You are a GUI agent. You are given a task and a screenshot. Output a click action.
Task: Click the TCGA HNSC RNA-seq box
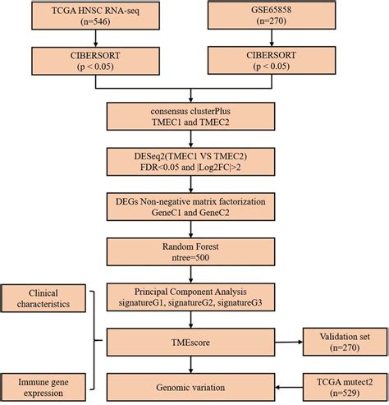pos(95,16)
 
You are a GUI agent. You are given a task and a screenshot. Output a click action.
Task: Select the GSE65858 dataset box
pos(272,15)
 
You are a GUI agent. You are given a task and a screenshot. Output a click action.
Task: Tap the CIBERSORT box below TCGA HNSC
pos(95,61)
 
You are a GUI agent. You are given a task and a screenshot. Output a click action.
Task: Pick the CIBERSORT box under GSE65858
pos(272,60)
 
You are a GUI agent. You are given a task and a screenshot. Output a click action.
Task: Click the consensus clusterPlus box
pos(190,117)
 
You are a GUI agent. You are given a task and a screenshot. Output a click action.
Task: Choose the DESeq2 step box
pos(190,162)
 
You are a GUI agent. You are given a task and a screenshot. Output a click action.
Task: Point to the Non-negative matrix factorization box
pos(190,207)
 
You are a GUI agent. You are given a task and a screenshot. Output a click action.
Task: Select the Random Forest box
pos(190,252)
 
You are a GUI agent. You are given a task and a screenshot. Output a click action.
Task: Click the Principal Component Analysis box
pos(190,297)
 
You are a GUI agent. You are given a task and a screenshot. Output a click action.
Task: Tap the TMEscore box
pos(190,343)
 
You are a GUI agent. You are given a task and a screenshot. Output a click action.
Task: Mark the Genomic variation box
pos(190,388)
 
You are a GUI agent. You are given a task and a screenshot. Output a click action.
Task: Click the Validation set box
pos(345,342)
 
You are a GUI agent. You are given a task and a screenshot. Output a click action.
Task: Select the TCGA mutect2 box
pos(345,387)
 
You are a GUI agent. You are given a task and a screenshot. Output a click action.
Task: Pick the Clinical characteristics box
pos(43,298)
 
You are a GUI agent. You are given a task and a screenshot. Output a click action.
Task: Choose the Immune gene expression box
pos(43,388)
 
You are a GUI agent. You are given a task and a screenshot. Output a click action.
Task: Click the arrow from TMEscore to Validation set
pos(289,342)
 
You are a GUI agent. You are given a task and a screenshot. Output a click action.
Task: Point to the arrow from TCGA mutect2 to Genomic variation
pos(289,388)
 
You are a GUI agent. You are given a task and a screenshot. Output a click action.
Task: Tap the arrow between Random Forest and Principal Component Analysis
pos(190,274)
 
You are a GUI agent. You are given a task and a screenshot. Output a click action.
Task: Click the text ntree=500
pos(190,258)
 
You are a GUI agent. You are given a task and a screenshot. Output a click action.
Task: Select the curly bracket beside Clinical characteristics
pos(94,340)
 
